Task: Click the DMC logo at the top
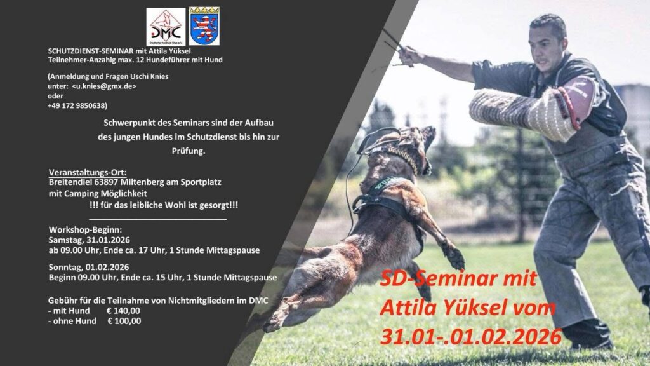click(166, 27)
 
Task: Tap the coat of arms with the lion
click(204, 25)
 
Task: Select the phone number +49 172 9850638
click(76, 106)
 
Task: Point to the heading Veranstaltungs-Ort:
click(88, 172)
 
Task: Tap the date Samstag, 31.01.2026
click(89, 240)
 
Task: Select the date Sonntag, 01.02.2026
click(89, 267)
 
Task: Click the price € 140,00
click(123, 311)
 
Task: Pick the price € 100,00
click(124, 321)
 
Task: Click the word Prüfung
click(189, 151)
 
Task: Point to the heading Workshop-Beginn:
click(86, 230)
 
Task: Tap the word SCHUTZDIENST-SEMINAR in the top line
click(91, 51)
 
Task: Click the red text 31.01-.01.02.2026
click(471, 337)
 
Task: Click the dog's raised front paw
click(454, 257)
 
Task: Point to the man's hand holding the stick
click(407, 56)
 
